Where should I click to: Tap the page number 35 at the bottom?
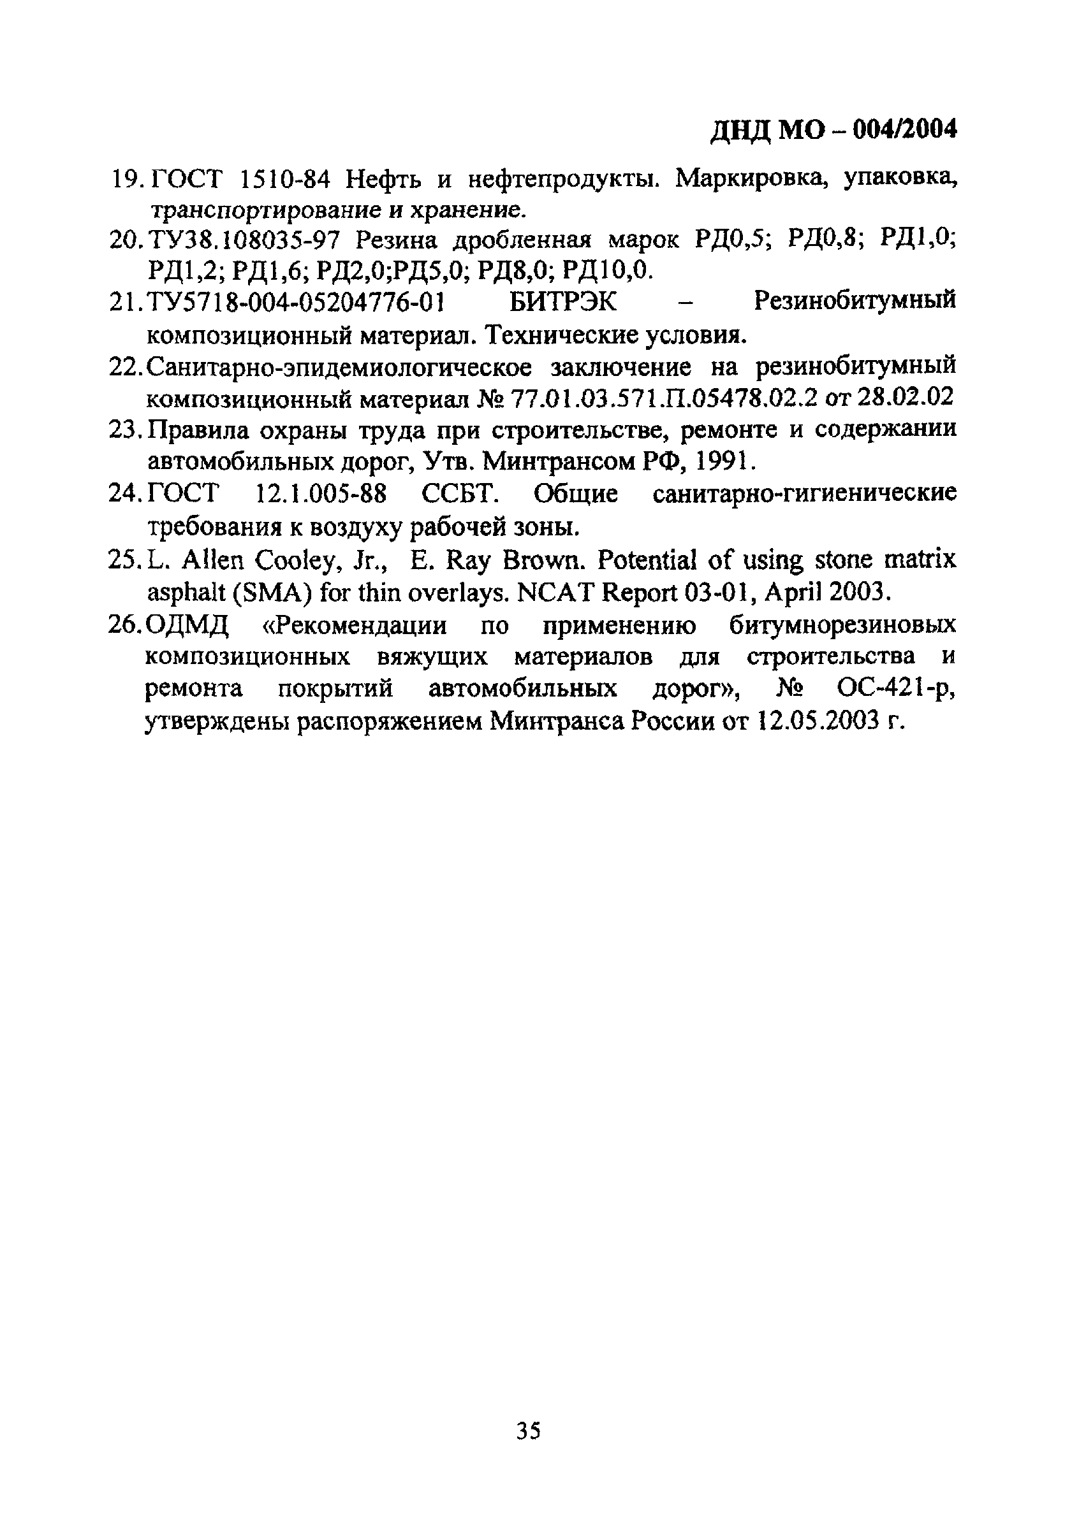click(x=529, y=1430)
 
